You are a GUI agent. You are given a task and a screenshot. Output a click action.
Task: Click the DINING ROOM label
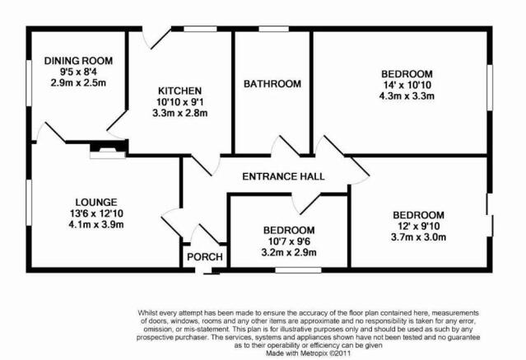pyautogui.click(x=78, y=61)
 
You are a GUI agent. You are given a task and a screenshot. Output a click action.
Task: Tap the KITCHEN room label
pyautogui.click(x=179, y=91)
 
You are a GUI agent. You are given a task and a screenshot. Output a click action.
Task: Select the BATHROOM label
pyautogui.click(x=272, y=84)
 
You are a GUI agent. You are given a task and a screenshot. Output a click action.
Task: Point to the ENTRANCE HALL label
pyautogui.click(x=283, y=176)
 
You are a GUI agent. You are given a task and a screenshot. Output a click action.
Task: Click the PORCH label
pyautogui.click(x=205, y=257)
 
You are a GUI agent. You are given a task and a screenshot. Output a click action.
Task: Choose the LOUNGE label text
pyautogui.click(x=96, y=202)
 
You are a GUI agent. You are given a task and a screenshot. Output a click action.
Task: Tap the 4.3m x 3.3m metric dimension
pyautogui.click(x=407, y=96)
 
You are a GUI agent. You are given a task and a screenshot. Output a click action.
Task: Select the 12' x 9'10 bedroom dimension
pyautogui.click(x=419, y=226)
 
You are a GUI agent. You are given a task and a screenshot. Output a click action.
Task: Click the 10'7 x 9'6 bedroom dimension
pyautogui.click(x=289, y=241)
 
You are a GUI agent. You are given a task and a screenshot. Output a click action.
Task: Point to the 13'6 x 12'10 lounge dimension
pyautogui.click(x=96, y=213)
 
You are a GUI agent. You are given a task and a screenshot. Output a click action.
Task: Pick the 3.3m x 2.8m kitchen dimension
pyautogui.click(x=179, y=113)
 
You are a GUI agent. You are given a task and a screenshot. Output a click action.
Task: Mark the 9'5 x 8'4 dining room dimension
pyautogui.click(x=78, y=72)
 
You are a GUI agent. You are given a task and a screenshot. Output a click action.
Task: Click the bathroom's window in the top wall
pyautogui.click(x=274, y=29)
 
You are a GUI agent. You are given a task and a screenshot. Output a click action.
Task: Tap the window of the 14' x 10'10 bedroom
pyautogui.click(x=490, y=87)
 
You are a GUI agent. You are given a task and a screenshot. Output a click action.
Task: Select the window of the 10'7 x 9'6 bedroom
pyautogui.click(x=298, y=269)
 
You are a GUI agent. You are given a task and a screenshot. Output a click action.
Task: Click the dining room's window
pyautogui.click(x=29, y=83)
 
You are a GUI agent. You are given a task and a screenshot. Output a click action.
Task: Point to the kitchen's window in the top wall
pyautogui.click(x=200, y=29)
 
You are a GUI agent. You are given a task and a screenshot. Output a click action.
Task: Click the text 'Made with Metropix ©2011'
pyautogui.click(x=309, y=353)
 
